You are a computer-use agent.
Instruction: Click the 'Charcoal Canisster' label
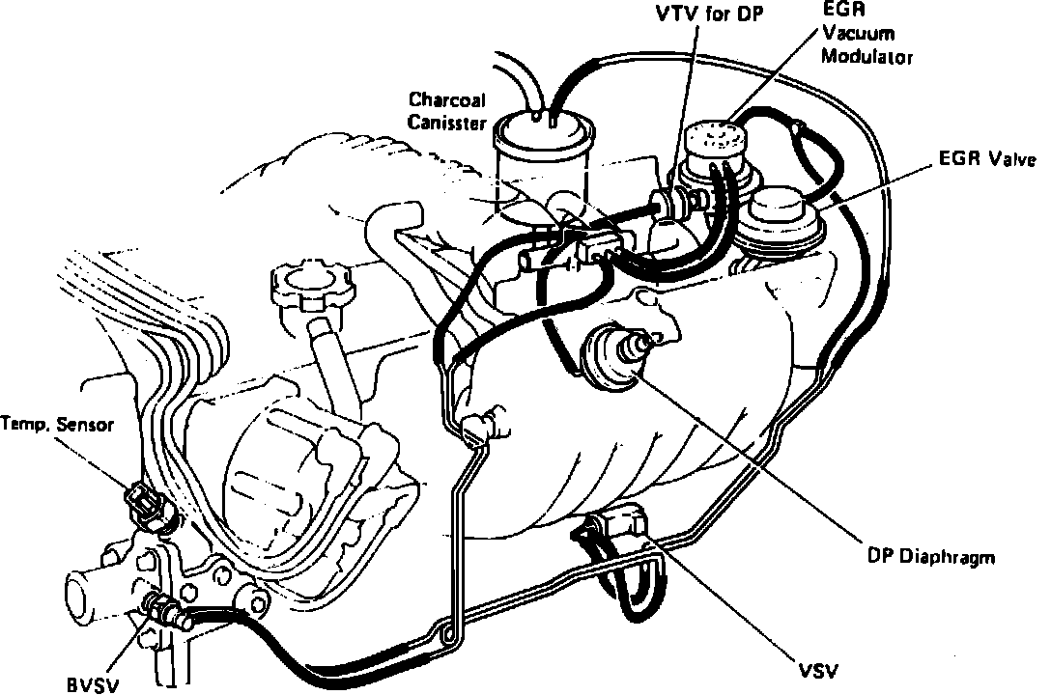click(445, 111)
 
